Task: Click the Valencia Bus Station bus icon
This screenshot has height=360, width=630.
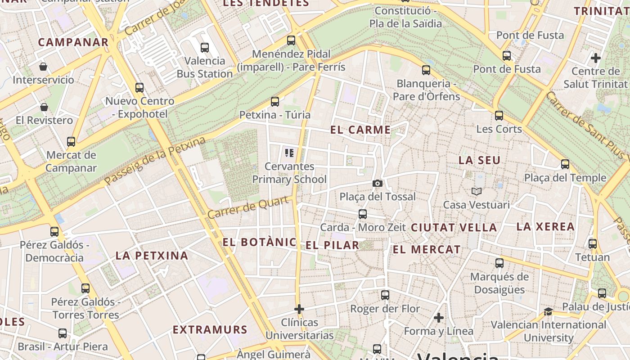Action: [205, 47]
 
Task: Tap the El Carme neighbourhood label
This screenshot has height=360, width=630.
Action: [360, 130]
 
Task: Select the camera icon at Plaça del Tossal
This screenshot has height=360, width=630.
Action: [378, 183]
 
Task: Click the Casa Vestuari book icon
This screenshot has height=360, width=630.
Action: [477, 192]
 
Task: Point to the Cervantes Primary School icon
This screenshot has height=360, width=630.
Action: [289, 153]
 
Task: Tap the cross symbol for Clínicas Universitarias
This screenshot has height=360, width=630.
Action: [299, 309]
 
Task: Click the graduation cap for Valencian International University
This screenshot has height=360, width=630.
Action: [548, 311]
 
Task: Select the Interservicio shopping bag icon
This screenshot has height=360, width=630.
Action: [43, 67]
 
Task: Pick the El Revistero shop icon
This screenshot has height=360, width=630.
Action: [44, 107]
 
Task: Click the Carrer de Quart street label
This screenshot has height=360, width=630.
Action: [247, 208]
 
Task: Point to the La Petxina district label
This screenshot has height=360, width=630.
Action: [152, 256]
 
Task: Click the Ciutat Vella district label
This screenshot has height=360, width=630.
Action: [454, 228]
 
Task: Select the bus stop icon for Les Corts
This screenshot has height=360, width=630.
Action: [499, 116]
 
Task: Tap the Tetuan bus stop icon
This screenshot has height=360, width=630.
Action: [593, 244]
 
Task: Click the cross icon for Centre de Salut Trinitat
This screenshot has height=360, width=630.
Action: [596, 58]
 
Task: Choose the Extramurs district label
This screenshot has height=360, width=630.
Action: [210, 329]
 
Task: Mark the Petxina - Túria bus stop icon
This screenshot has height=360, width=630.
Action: [275, 102]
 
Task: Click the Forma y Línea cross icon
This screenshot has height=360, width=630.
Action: [439, 318]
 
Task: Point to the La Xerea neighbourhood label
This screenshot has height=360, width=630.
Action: [545, 226]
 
